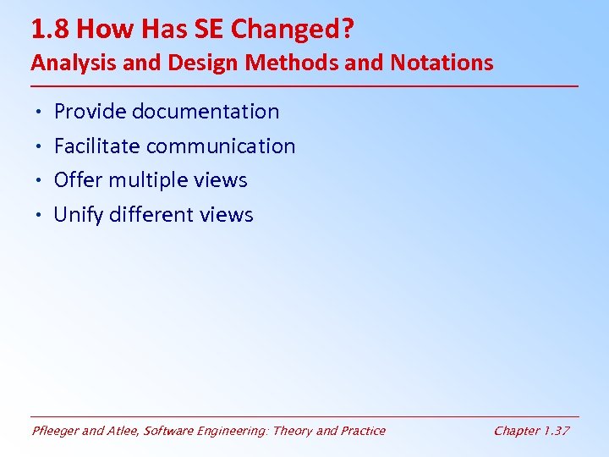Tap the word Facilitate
(96, 146)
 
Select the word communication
(221, 146)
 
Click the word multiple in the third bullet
(150, 180)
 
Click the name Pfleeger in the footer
(55, 431)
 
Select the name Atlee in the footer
(123, 431)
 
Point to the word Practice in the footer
(362, 431)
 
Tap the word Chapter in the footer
(517, 431)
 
